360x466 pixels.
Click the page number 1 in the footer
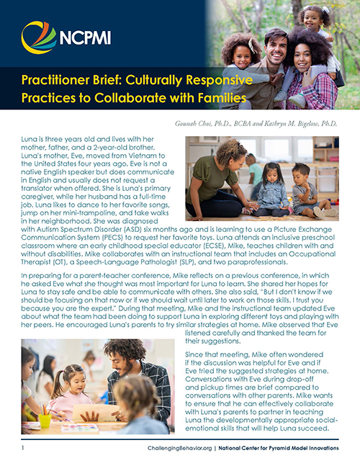[23, 448]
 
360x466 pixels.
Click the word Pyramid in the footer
[282, 448]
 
